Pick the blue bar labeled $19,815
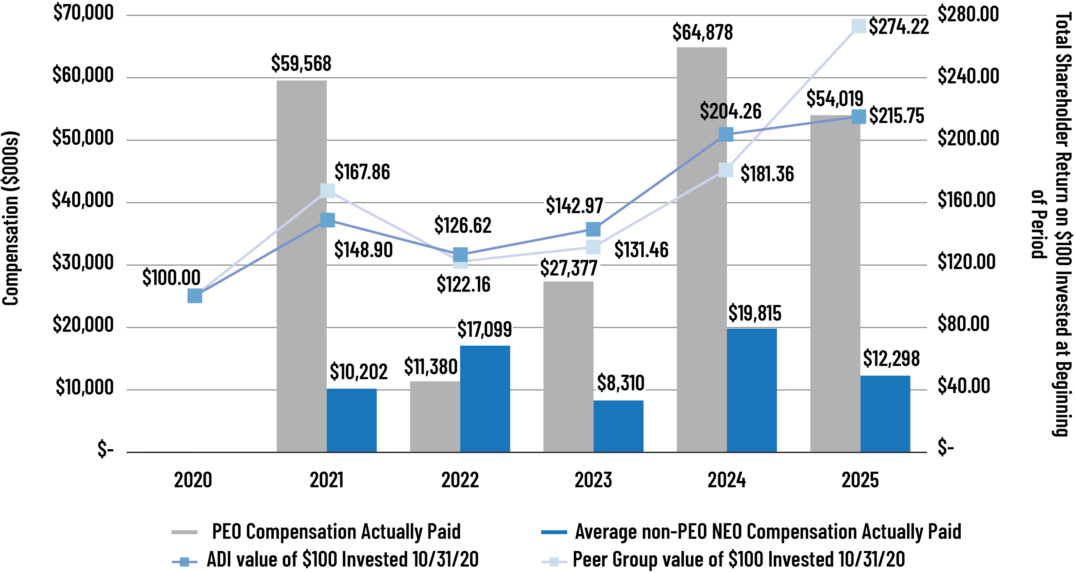751,390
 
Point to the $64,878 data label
702,33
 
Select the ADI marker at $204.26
726,135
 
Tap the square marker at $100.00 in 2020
195,296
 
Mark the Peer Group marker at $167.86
327,190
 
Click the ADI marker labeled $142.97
593,229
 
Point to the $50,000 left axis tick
83,138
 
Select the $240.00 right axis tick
968,76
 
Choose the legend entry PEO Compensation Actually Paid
336,532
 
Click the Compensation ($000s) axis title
11,218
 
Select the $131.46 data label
641,250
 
